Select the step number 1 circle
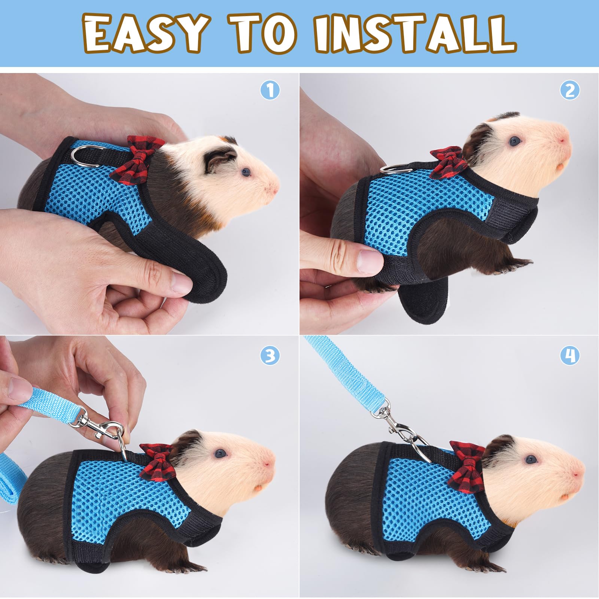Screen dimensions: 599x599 tap(270, 90)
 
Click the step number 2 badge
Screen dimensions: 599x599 tap(570, 90)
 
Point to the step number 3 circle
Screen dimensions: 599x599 tap(270, 356)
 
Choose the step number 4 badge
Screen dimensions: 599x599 tap(570, 356)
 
